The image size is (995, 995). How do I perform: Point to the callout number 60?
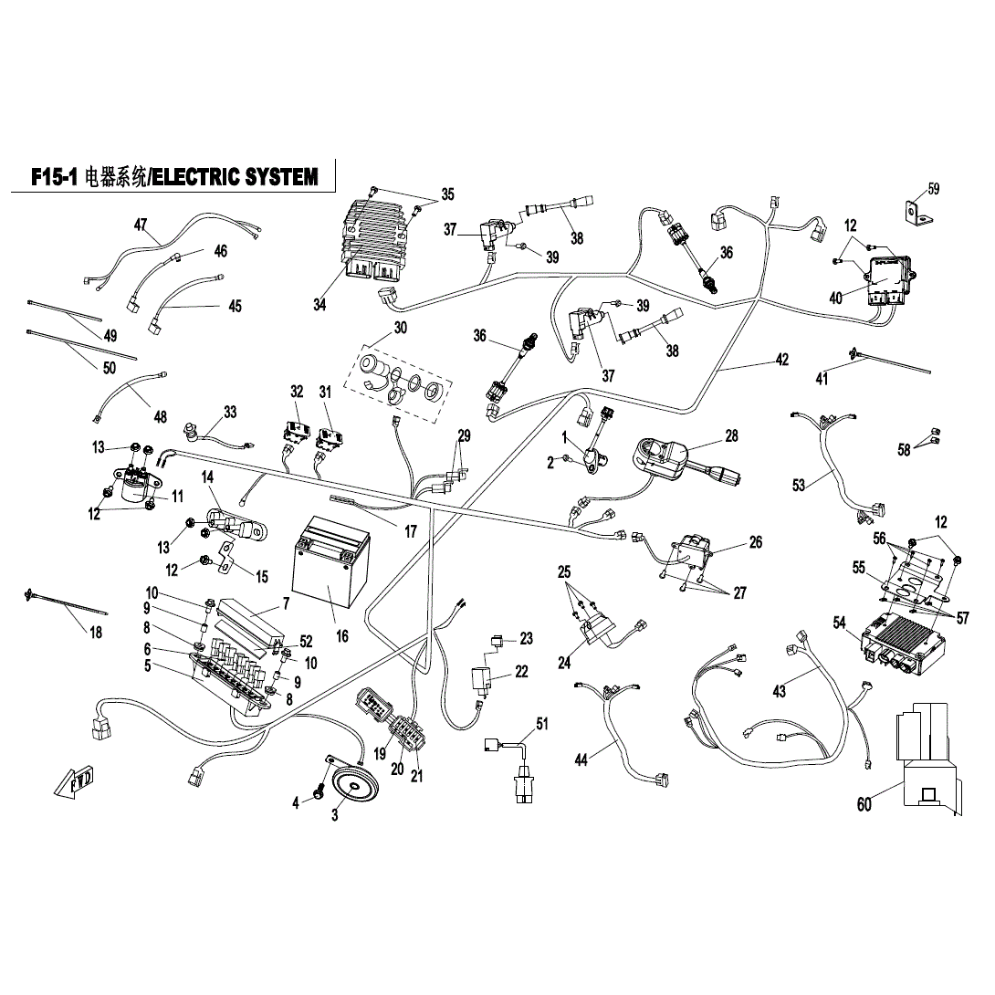click(x=864, y=804)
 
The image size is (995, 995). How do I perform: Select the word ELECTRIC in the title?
click(x=197, y=177)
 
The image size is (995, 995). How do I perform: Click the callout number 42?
click(x=781, y=360)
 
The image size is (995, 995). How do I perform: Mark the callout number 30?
click(x=401, y=329)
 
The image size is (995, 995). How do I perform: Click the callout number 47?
click(x=141, y=225)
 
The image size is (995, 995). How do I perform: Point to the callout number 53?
click(x=799, y=485)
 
